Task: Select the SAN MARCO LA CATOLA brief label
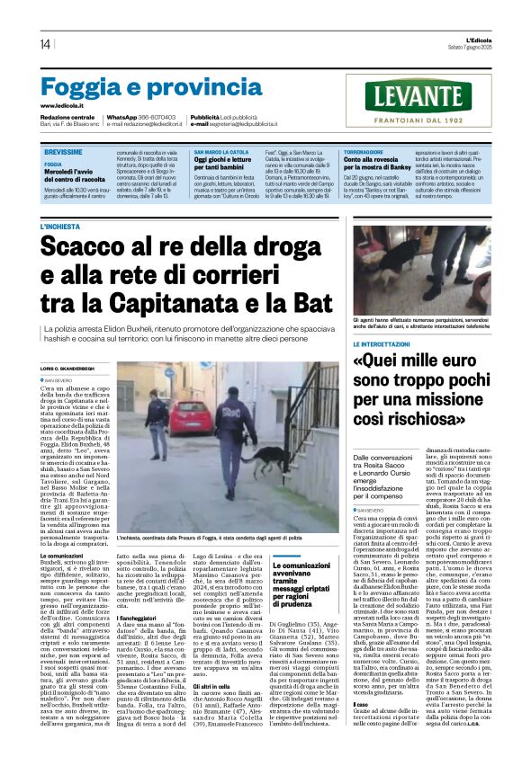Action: [220, 153]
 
